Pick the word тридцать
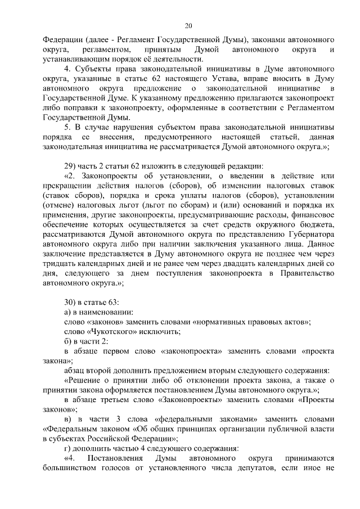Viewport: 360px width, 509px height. pyautogui.click(x=59, y=264)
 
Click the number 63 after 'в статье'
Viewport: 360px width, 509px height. pyautogui.click(x=113, y=303)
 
